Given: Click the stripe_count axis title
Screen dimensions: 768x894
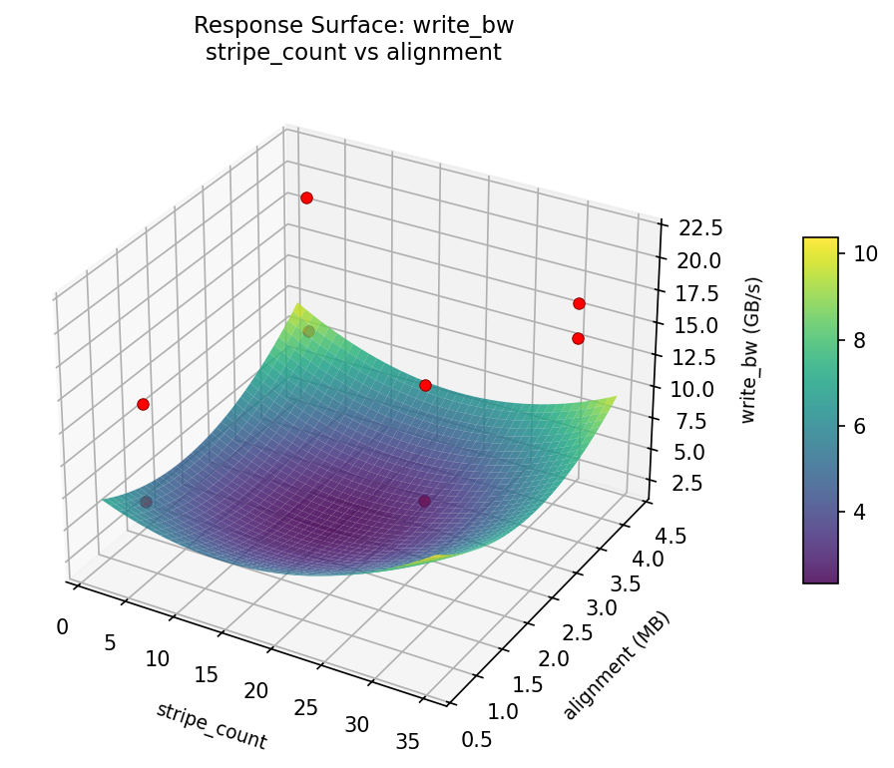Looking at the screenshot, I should pyautogui.click(x=212, y=725).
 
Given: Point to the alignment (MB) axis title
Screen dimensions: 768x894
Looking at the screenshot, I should pyautogui.click(x=616, y=665).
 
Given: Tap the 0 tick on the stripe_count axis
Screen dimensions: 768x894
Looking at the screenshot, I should pyautogui.click(x=63, y=626).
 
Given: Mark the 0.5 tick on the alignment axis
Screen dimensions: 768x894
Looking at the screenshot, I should pyautogui.click(x=475, y=738).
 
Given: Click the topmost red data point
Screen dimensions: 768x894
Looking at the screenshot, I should pyautogui.click(x=306, y=197).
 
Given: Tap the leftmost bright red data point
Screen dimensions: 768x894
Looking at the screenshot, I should pyautogui.click(x=143, y=404).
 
